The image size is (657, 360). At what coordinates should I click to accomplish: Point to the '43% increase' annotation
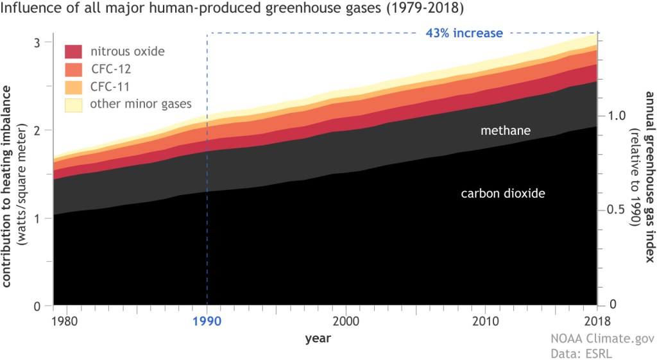click(465, 33)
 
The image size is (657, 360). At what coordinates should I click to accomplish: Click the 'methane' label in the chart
click(506, 131)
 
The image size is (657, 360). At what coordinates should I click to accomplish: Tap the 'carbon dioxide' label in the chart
click(503, 193)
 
